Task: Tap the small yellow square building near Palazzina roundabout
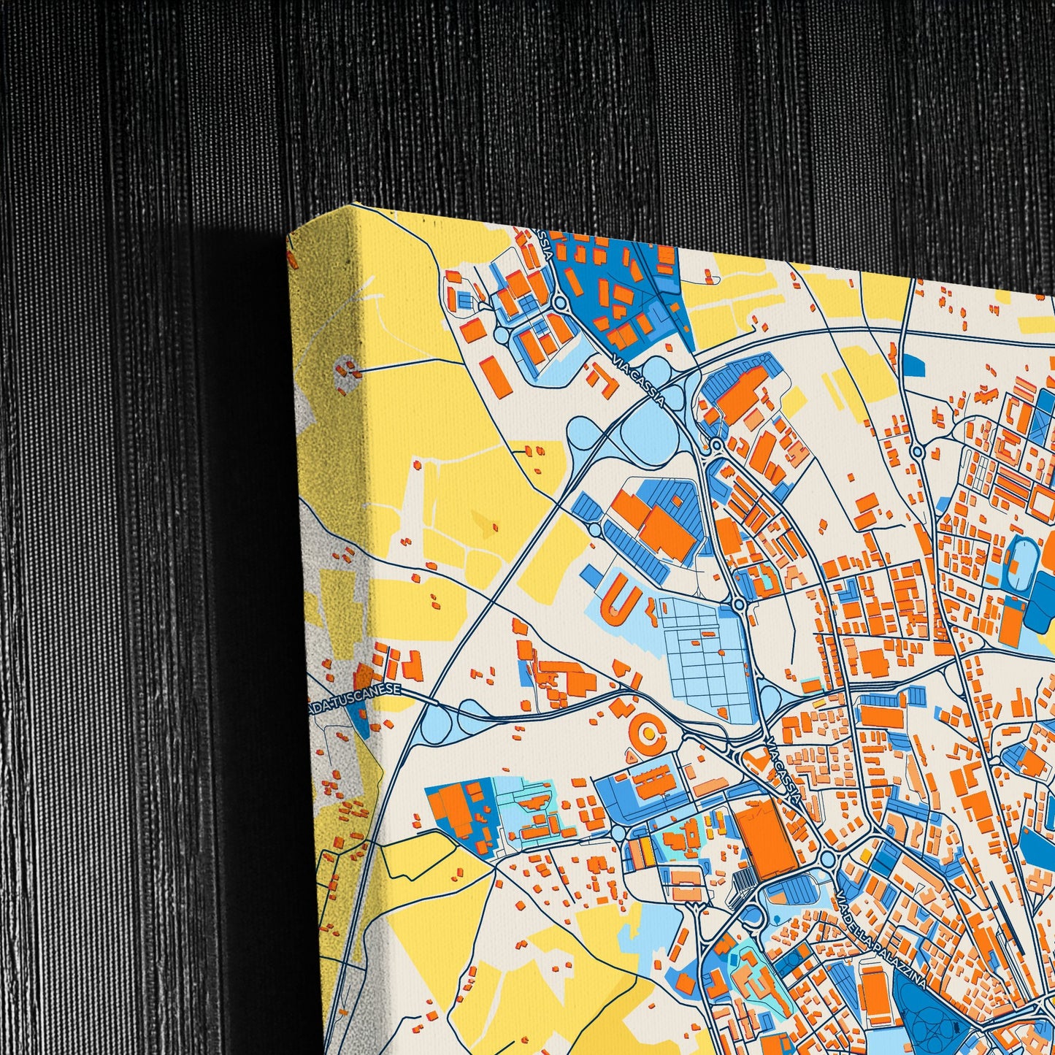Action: coord(865,855)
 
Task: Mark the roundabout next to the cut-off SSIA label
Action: coord(559,302)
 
